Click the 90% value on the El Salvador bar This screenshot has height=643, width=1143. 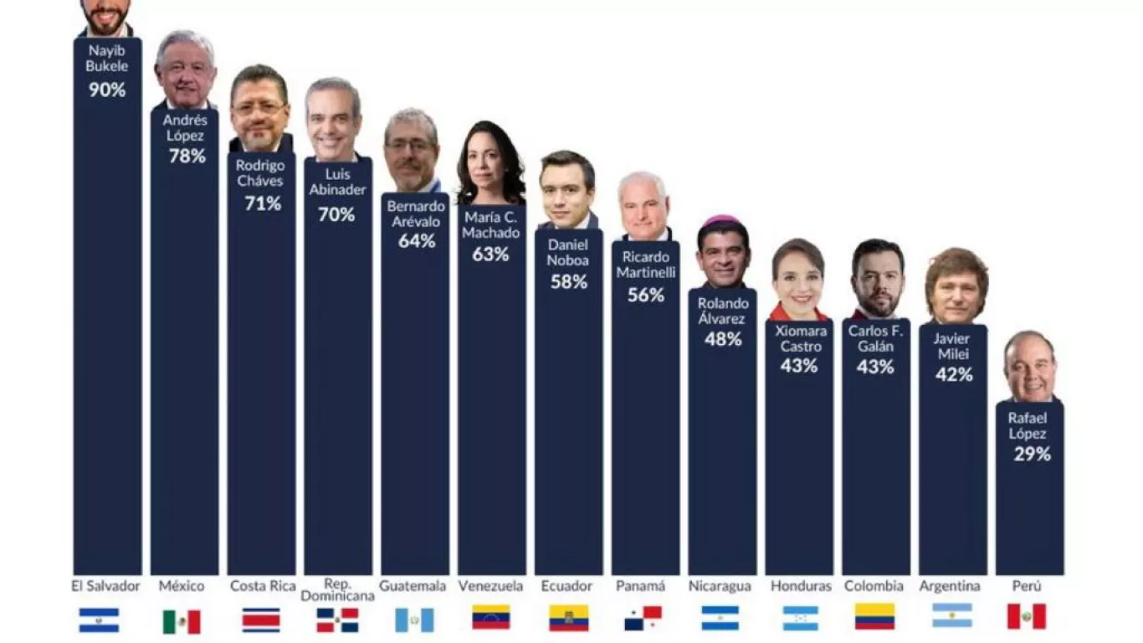(107, 90)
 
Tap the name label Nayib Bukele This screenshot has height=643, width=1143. (107, 58)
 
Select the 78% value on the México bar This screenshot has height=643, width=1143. (187, 156)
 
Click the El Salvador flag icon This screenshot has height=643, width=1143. (99, 620)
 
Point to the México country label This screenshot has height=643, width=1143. (182, 586)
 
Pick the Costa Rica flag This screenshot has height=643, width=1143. (261, 620)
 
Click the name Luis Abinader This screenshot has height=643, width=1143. (337, 182)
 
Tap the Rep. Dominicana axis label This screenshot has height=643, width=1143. (337, 589)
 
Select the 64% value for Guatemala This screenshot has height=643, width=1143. (416, 241)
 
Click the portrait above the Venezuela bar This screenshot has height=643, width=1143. (490, 164)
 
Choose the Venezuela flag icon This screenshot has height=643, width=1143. (490, 618)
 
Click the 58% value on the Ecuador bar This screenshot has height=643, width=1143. (568, 281)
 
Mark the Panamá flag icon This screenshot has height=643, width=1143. (643, 618)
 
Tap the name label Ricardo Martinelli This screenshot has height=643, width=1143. (645, 265)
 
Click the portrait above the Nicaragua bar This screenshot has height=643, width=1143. (723, 252)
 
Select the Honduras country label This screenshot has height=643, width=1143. (801, 586)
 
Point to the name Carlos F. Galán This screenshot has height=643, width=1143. (875, 338)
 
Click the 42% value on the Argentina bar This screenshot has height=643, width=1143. (954, 375)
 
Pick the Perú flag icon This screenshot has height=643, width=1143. (1026, 617)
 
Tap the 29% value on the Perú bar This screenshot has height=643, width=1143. (1031, 454)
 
